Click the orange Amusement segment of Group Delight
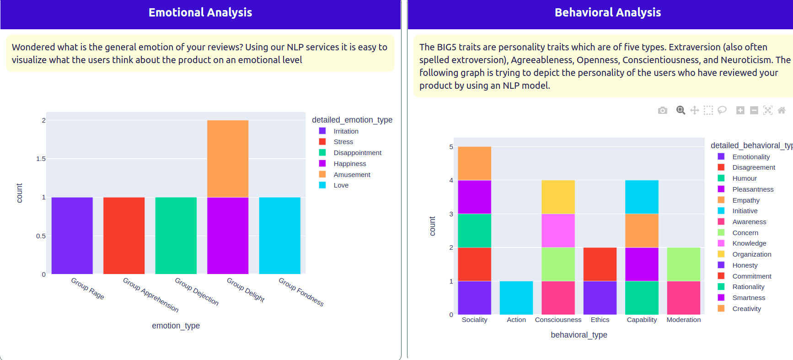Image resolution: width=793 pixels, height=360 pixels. (x=228, y=159)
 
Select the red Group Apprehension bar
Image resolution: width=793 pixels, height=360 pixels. (x=124, y=236)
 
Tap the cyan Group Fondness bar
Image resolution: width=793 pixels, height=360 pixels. (x=279, y=236)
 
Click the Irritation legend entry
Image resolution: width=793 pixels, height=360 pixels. (x=346, y=131)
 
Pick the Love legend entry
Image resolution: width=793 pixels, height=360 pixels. (x=341, y=185)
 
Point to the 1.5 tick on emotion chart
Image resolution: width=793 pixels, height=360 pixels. (x=41, y=159)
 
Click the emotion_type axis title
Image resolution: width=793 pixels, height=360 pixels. (x=176, y=326)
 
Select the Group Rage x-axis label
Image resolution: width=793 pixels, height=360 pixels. (x=88, y=289)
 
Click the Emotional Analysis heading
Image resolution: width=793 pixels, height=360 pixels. (x=200, y=12)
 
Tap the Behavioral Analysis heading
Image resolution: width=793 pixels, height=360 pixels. (x=607, y=12)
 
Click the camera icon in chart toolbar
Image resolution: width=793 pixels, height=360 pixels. (x=662, y=110)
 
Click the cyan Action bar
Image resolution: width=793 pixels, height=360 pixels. (x=516, y=298)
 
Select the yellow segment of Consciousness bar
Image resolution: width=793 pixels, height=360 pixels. (x=558, y=197)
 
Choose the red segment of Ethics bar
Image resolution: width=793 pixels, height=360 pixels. (x=600, y=264)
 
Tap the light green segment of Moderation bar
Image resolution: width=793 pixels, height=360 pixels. (x=684, y=264)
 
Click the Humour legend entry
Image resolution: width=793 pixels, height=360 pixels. (x=744, y=178)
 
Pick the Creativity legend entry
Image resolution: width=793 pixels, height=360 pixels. (x=746, y=309)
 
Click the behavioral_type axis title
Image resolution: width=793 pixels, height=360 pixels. (x=579, y=335)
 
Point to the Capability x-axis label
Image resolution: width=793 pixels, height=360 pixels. (x=642, y=320)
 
